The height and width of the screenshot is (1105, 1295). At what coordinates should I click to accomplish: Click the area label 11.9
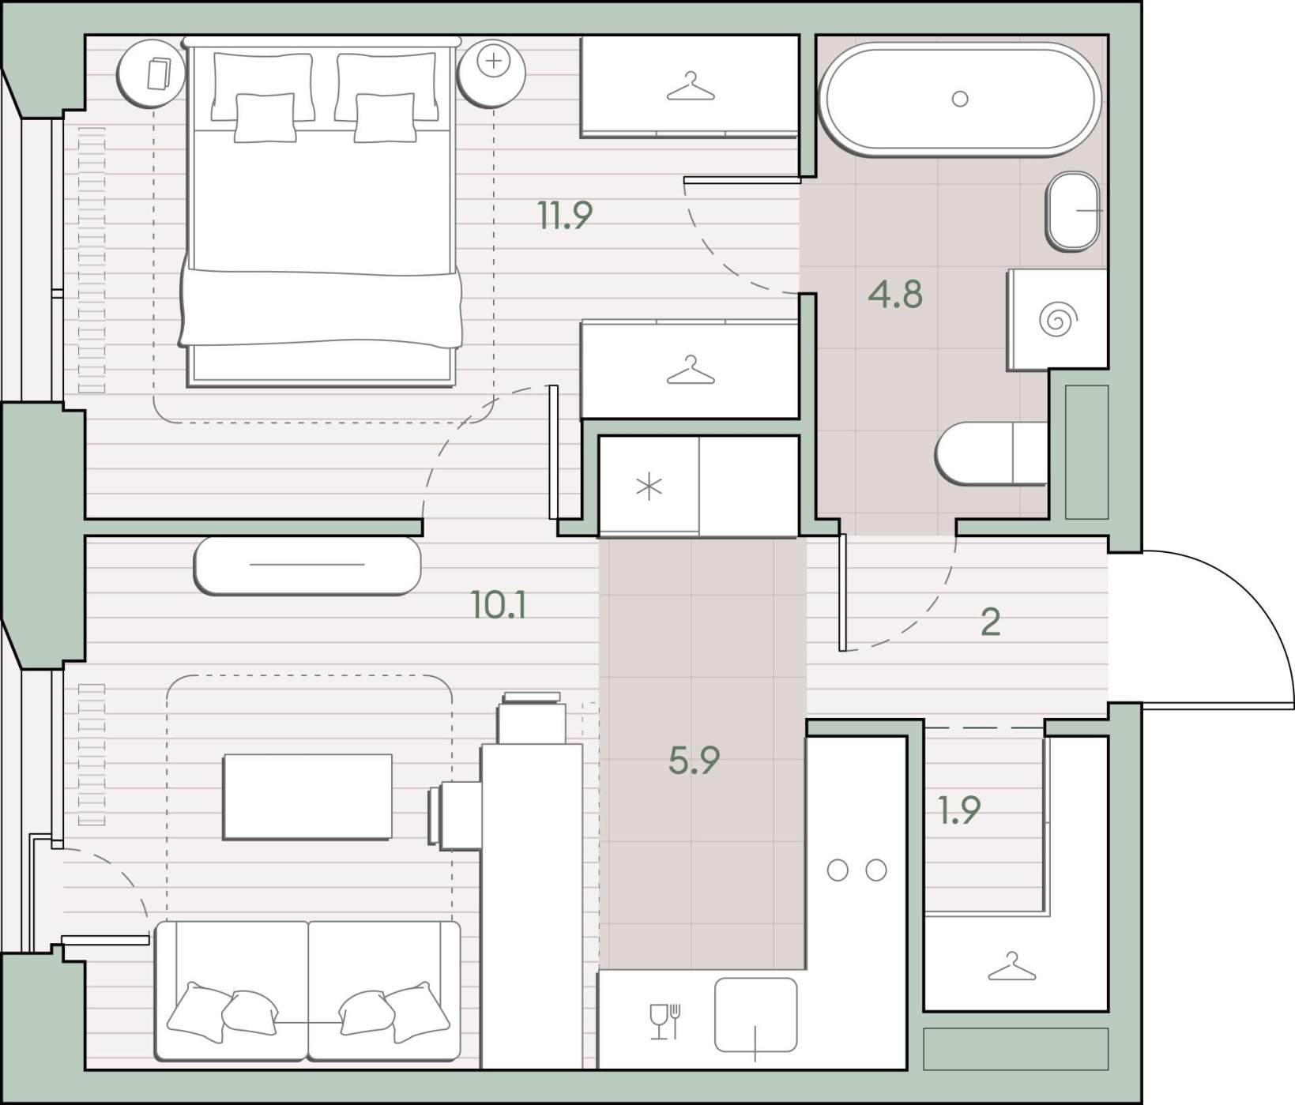564,215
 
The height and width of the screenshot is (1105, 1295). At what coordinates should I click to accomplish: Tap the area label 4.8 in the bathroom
895,294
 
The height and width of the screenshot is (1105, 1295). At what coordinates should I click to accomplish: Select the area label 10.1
499,605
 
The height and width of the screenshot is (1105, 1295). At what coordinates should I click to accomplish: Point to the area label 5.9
694,760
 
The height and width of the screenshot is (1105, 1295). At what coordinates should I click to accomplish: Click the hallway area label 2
990,622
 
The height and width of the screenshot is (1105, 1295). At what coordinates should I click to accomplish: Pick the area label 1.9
959,810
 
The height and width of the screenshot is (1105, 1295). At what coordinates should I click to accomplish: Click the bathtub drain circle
960,99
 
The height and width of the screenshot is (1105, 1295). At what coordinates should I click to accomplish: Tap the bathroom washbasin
1073,212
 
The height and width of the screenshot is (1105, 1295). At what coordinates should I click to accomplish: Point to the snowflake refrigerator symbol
649,487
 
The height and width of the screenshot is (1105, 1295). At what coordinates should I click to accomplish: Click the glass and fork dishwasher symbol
664,1021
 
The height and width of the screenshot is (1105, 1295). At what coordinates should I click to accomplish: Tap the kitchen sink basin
755,1015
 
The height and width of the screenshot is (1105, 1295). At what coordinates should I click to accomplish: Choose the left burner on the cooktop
838,870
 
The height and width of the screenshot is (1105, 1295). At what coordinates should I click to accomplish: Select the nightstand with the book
151,73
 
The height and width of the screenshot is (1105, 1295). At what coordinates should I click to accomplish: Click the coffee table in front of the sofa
307,796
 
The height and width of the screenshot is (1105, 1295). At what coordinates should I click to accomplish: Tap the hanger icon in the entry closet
1012,967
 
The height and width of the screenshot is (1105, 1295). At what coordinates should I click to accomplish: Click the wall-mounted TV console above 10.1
307,565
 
